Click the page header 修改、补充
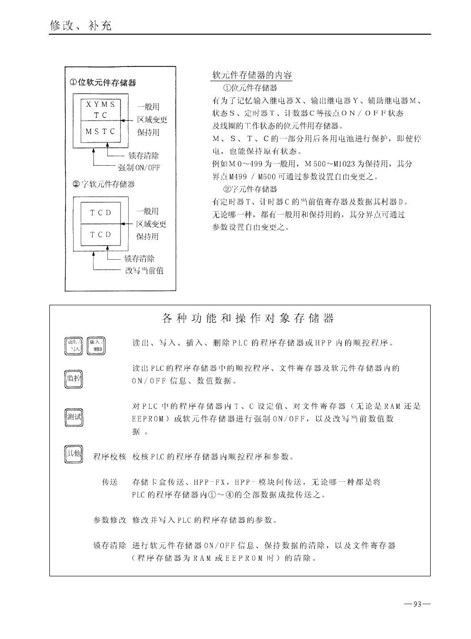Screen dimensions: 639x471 point(81,26)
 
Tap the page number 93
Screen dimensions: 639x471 point(417,604)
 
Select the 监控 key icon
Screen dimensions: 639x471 point(73,379)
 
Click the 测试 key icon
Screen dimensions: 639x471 point(74,417)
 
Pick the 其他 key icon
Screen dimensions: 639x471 point(73,454)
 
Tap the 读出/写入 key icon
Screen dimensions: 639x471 point(74,346)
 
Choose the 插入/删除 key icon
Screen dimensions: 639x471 point(96,346)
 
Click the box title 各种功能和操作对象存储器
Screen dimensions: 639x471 point(248,318)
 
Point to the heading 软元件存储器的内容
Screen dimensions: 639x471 point(252,75)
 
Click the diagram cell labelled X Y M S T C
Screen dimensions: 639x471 point(100,110)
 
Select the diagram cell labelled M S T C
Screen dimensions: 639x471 point(100,132)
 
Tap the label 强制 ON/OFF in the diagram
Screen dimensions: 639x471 point(139,168)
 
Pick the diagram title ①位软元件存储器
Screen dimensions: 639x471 point(103,83)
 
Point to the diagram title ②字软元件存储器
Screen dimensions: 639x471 point(104,184)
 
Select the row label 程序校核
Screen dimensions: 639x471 point(110,457)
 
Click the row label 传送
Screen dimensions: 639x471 point(110,482)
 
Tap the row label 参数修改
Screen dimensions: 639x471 point(110,520)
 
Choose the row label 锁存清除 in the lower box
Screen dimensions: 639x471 point(110,545)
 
